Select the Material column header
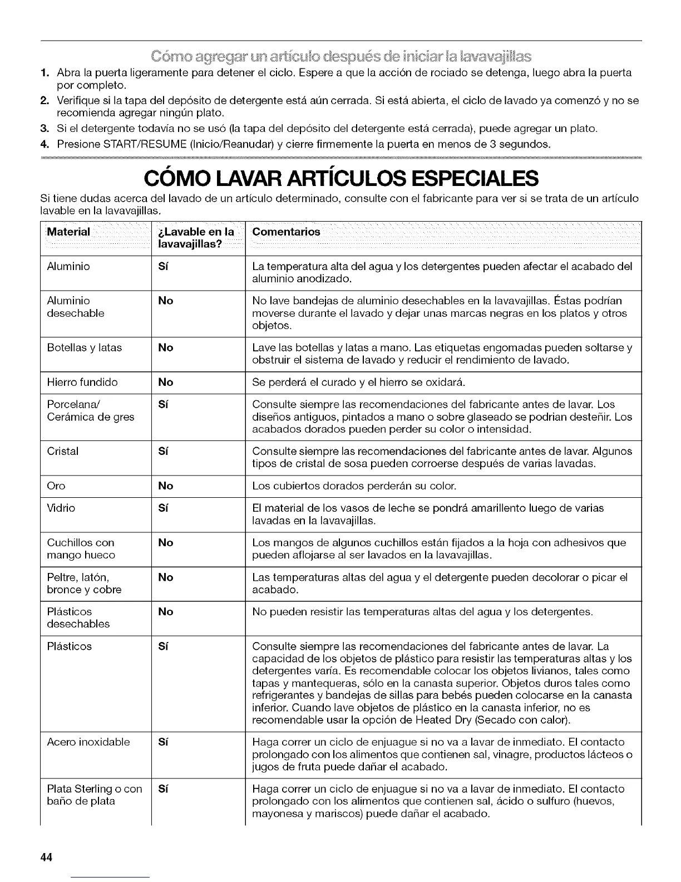[x=68, y=232]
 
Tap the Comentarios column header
[x=286, y=232]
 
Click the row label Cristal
[x=63, y=451]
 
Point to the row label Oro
[x=56, y=486]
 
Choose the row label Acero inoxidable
[x=88, y=742]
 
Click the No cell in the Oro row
[x=165, y=486]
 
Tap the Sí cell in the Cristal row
[x=163, y=451]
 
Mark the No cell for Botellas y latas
[x=165, y=348]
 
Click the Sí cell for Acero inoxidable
[x=163, y=742]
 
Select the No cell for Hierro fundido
[x=165, y=383]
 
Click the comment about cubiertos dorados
[x=354, y=486]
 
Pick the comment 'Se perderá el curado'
[x=358, y=383]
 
